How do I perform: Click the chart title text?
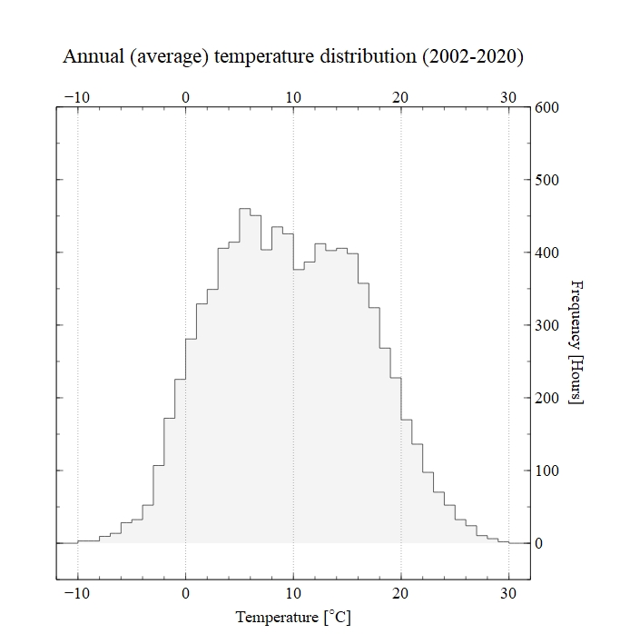click(x=292, y=56)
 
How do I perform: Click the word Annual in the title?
click(x=94, y=56)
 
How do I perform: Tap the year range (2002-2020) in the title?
click(x=472, y=56)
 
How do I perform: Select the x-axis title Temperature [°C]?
click(x=292, y=618)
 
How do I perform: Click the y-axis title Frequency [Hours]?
click(x=576, y=342)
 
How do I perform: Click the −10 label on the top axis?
click(x=75, y=98)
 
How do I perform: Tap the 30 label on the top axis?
click(x=508, y=98)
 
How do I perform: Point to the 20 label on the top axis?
click(x=401, y=98)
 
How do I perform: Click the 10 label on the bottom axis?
click(x=293, y=593)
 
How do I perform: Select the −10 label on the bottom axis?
click(x=75, y=593)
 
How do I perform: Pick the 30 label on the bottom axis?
click(x=508, y=593)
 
